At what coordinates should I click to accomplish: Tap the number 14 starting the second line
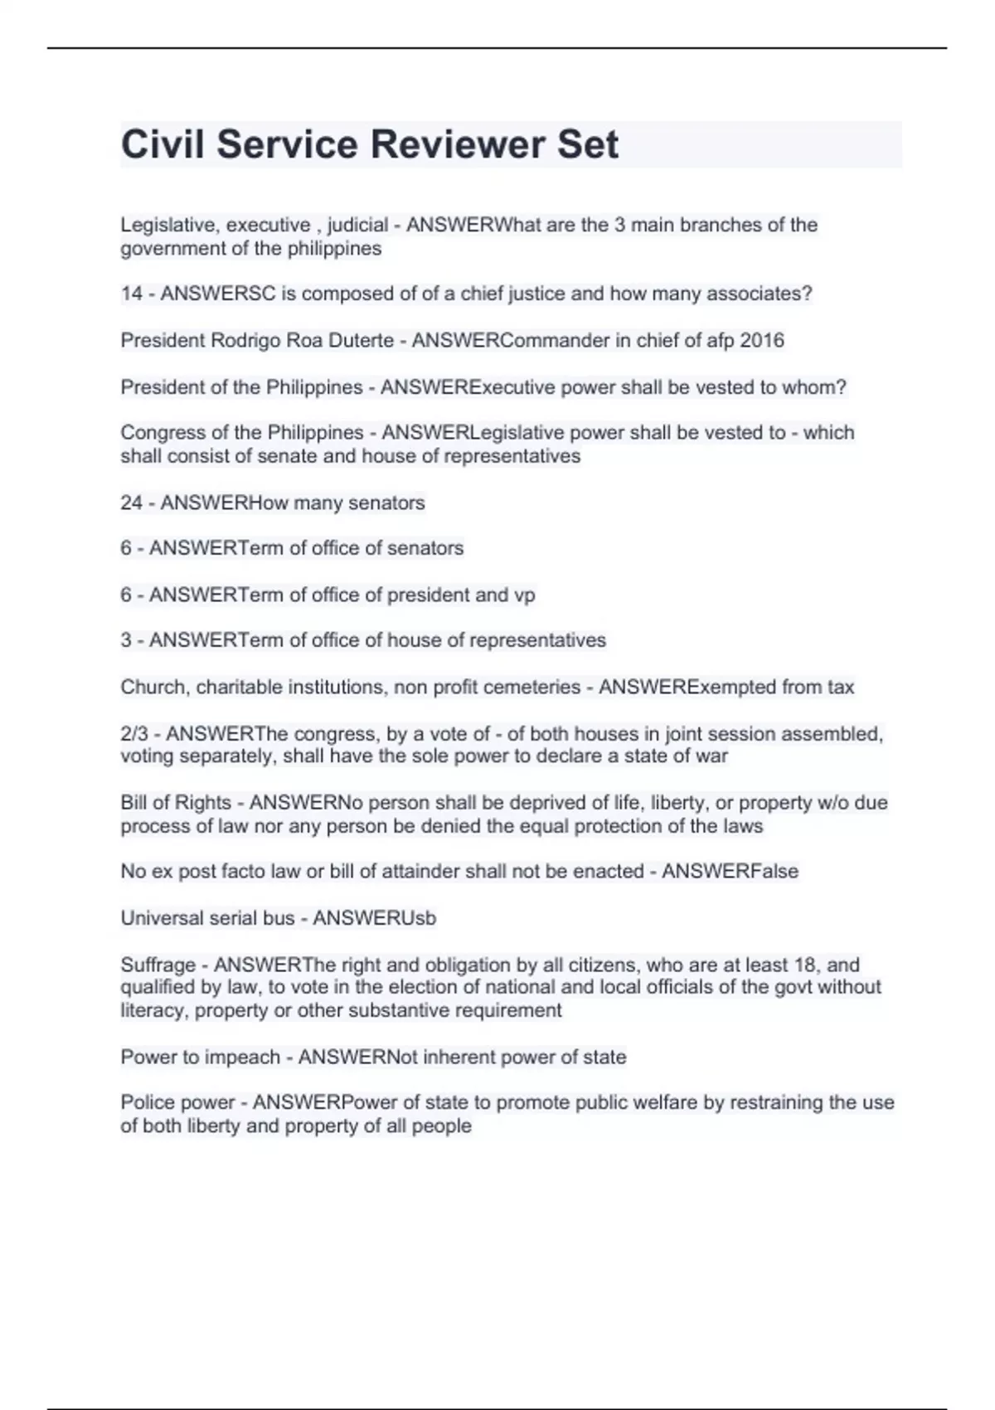[132, 294]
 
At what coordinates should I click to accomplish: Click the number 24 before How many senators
[132, 503]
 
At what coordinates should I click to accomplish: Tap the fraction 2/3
[137, 734]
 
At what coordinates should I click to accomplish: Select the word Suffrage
[158, 965]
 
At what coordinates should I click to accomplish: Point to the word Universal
[163, 918]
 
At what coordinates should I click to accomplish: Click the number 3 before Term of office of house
[126, 640]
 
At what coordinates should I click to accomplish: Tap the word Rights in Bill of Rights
[203, 803]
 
